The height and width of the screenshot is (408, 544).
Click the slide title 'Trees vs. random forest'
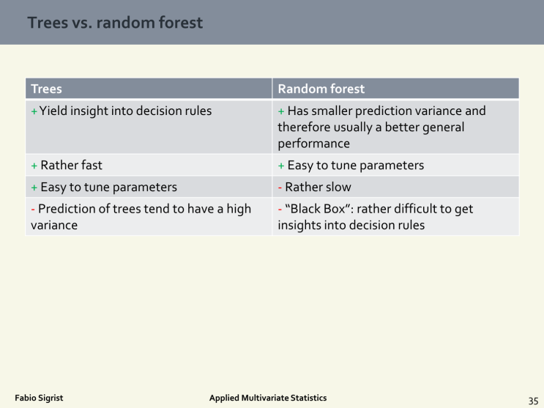[x=115, y=23]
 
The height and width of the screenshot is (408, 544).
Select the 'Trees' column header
[x=46, y=89]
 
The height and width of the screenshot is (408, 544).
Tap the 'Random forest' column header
[x=321, y=89]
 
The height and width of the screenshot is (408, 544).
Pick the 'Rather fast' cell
[x=71, y=165]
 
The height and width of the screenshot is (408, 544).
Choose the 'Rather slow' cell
[x=318, y=187]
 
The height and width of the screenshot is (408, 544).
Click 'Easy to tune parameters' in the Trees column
[x=108, y=187]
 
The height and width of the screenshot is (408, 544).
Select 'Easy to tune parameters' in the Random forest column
[x=355, y=165]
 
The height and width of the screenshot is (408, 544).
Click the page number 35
[x=533, y=400]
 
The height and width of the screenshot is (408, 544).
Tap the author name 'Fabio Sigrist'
[x=39, y=398]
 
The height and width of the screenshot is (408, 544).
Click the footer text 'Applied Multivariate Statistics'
[x=268, y=398]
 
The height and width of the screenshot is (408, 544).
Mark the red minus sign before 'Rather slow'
[x=280, y=187]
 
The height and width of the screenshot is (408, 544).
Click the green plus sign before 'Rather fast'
[x=34, y=165]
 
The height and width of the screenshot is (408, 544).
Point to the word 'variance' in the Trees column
[x=54, y=225]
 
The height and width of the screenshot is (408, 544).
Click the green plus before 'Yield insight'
[x=34, y=111]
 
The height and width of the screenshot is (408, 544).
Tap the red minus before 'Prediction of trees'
[x=33, y=209]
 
